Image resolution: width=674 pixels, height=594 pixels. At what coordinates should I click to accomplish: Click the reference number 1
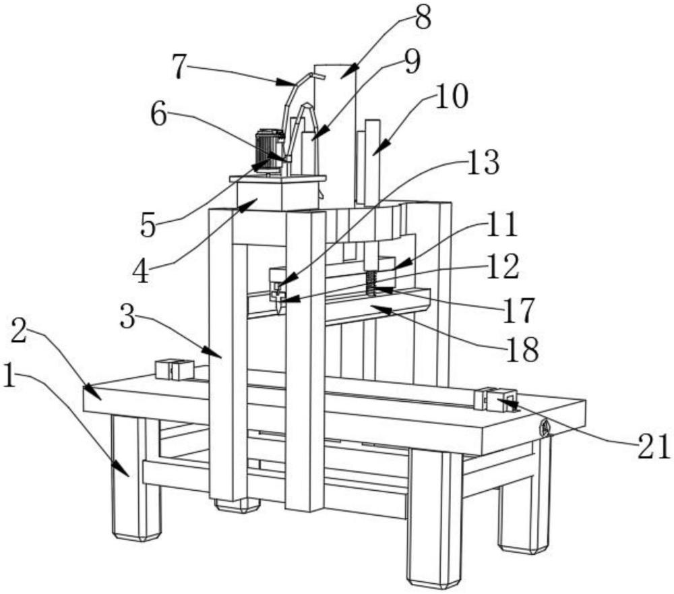pos(9,377)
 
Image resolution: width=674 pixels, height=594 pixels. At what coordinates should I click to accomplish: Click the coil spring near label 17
pos(370,283)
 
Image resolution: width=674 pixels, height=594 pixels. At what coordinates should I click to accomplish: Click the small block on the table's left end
pos(174,369)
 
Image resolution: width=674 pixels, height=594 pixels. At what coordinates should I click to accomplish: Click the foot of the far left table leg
pos(137,535)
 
